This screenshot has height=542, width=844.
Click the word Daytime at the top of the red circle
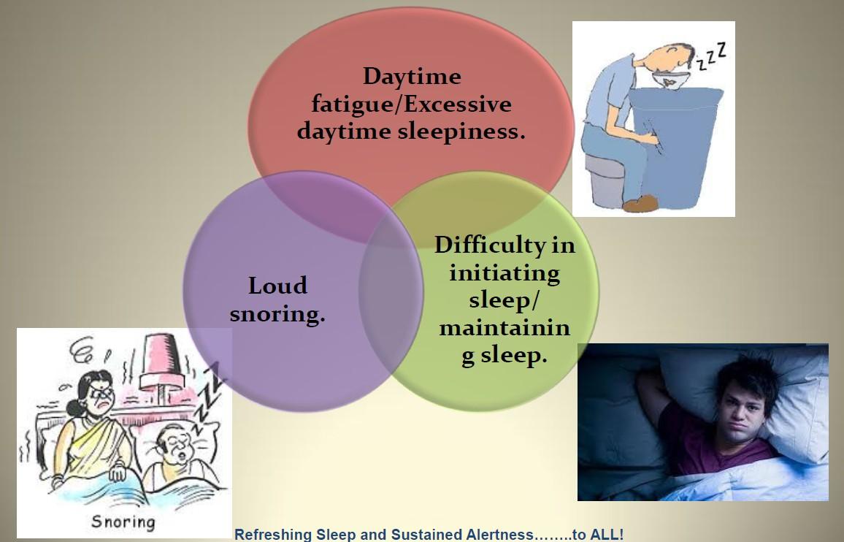(x=412, y=76)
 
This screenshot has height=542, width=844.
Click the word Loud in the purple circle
(x=277, y=286)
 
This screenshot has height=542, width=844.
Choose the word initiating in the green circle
(x=505, y=272)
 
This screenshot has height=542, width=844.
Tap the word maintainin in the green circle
(x=505, y=328)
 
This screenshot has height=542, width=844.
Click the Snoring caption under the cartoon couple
(x=123, y=522)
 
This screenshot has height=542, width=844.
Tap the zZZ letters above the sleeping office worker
(x=712, y=58)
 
